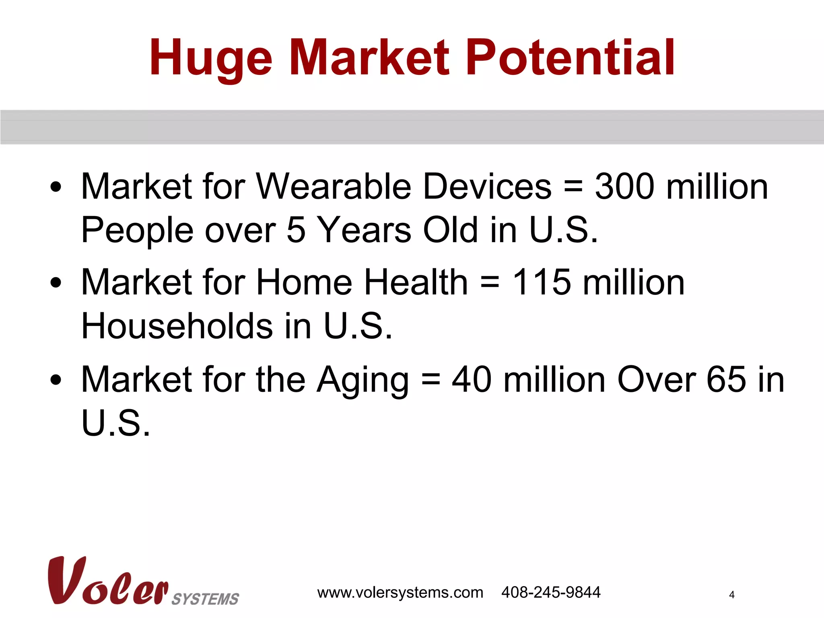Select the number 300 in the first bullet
click(624, 186)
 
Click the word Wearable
click(334, 186)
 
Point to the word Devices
click(487, 186)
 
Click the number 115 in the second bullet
click(541, 282)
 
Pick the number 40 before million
click(472, 379)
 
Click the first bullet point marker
click(56, 187)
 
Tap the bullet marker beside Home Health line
click(56, 283)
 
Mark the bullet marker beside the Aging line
click(56, 380)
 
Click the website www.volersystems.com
click(400, 593)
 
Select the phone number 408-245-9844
click(550, 592)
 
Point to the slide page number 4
click(731, 595)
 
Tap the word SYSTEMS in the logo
click(205, 599)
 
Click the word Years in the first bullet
click(364, 230)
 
